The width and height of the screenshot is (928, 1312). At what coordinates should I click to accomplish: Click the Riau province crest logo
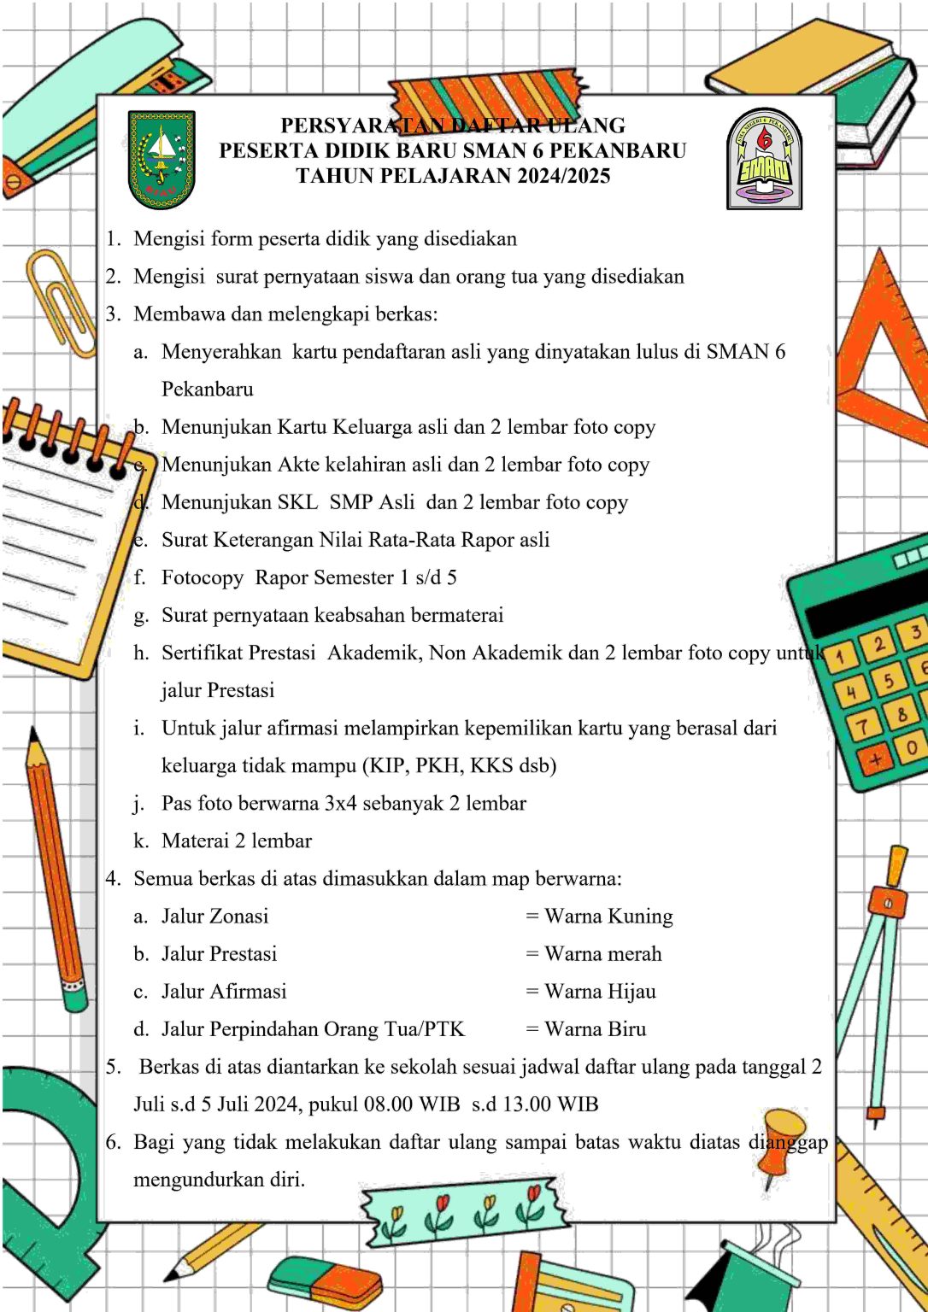[162, 160]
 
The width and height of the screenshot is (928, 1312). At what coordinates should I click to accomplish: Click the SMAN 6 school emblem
[764, 160]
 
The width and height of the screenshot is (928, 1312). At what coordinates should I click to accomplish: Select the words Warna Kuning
[608, 917]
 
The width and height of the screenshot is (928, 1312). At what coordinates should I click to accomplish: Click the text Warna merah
[602, 954]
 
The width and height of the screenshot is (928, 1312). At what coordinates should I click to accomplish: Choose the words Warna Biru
[595, 1029]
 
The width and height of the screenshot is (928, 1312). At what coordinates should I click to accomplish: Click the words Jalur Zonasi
[214, 917]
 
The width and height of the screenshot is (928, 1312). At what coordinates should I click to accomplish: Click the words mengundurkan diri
[219, 1180]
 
